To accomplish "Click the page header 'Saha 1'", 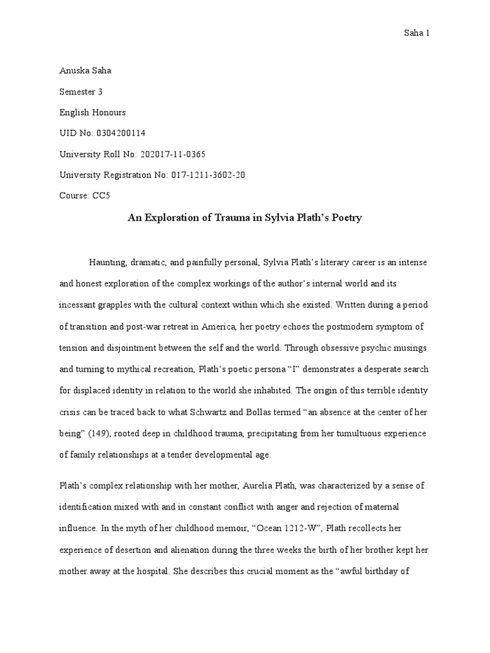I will (416, 33).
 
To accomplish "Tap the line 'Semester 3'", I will (81, 92).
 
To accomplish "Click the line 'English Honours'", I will (93, 112).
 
